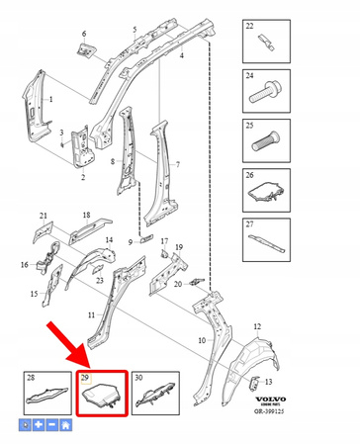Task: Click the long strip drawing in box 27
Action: [267, 240]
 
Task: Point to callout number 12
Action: [258, 326]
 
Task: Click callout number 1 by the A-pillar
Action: [51, 100]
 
